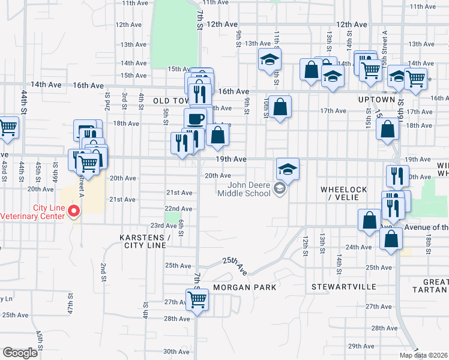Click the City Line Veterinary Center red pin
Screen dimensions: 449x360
(x=74, y=211)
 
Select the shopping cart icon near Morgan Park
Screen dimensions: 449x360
(x=197, y=299)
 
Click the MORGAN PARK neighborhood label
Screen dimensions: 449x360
(x=245, y=287)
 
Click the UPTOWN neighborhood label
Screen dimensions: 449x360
(x=376, y=99)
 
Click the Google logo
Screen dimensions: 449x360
(x=20, y=353)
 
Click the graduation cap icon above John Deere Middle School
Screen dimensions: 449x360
(x=288, y=169)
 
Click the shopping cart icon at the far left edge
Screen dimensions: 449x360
(x=8, y=127)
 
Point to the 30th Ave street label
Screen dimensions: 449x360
(x=176, y=352)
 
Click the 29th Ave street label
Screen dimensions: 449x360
(x=361, y=346)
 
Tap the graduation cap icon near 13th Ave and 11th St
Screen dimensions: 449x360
(x=270, y=59)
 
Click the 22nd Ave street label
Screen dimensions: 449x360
(x=178, y=209)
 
